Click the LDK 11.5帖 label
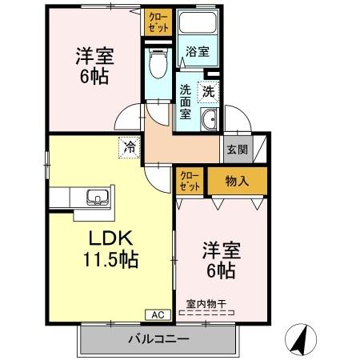click(x=110, y=248)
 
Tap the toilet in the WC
click(x=158, y=62)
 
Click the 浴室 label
click(x=198, y=51)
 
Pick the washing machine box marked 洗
click(x=209, y=93)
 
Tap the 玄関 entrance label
click(x=236, y=148)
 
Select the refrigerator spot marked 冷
click(x=130, y=146)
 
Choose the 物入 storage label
click(x=237, y=182)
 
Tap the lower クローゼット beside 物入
click(x=190, y=181)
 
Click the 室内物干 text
click(x=206, y=303)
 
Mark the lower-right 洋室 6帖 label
click(x=218, y=261)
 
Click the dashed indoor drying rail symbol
click(x=207, y=314)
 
